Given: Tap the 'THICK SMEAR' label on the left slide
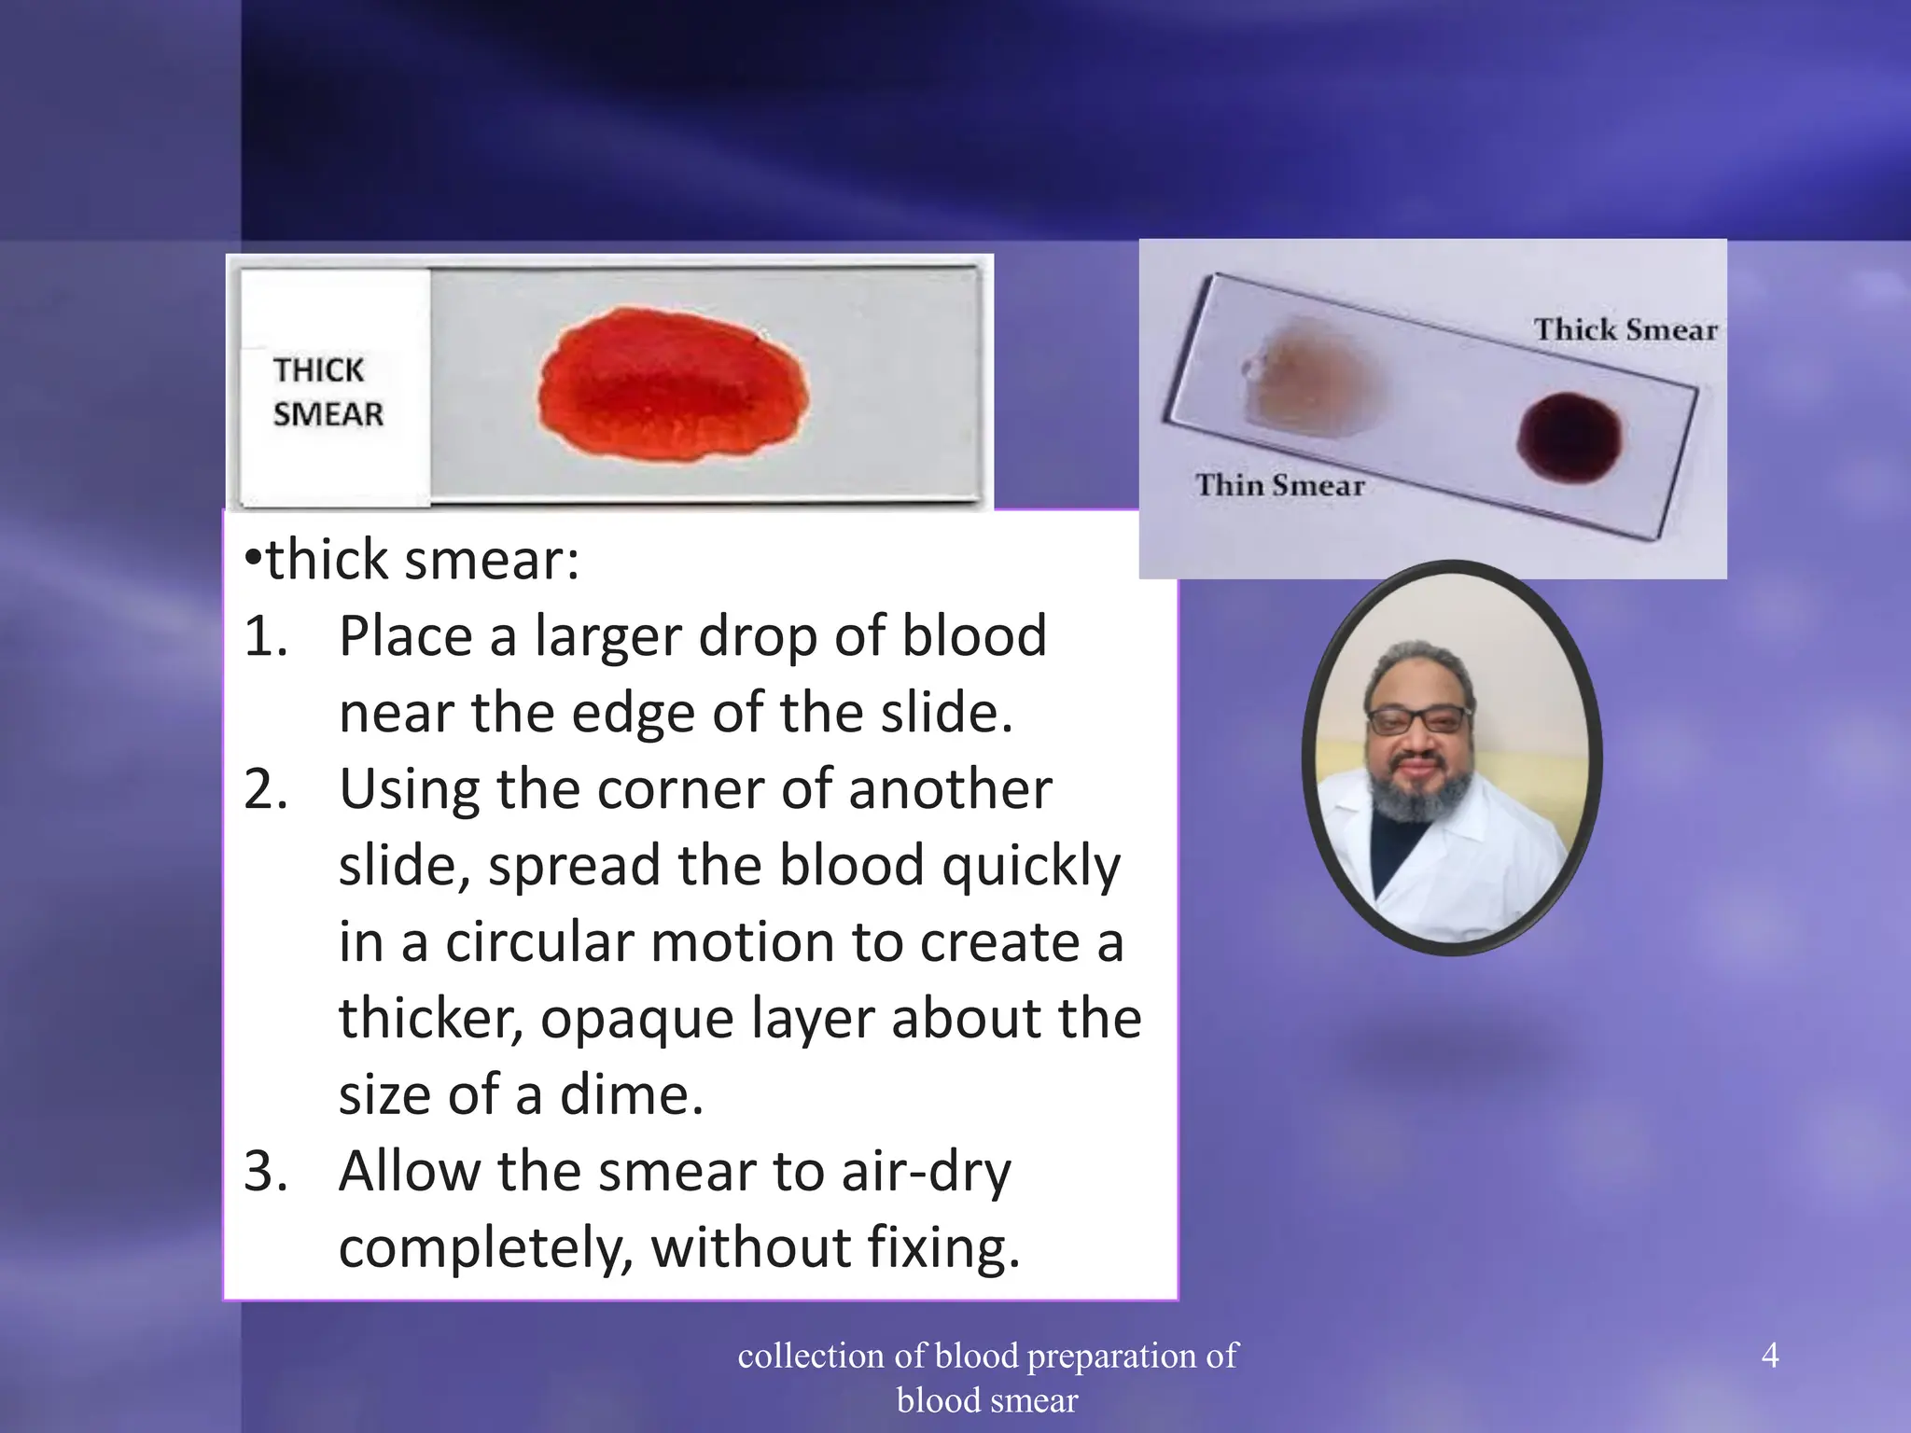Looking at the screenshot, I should coord(328,392).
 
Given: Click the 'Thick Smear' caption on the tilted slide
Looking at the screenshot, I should coord(1625,329).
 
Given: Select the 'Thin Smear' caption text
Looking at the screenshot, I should coord(1279,485).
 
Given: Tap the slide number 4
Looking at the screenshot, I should coord(1770,1355).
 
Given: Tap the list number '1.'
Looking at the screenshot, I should coord(266,637).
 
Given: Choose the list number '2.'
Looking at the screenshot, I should coord(266,790).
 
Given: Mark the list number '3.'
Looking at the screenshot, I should coord(266,1172).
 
